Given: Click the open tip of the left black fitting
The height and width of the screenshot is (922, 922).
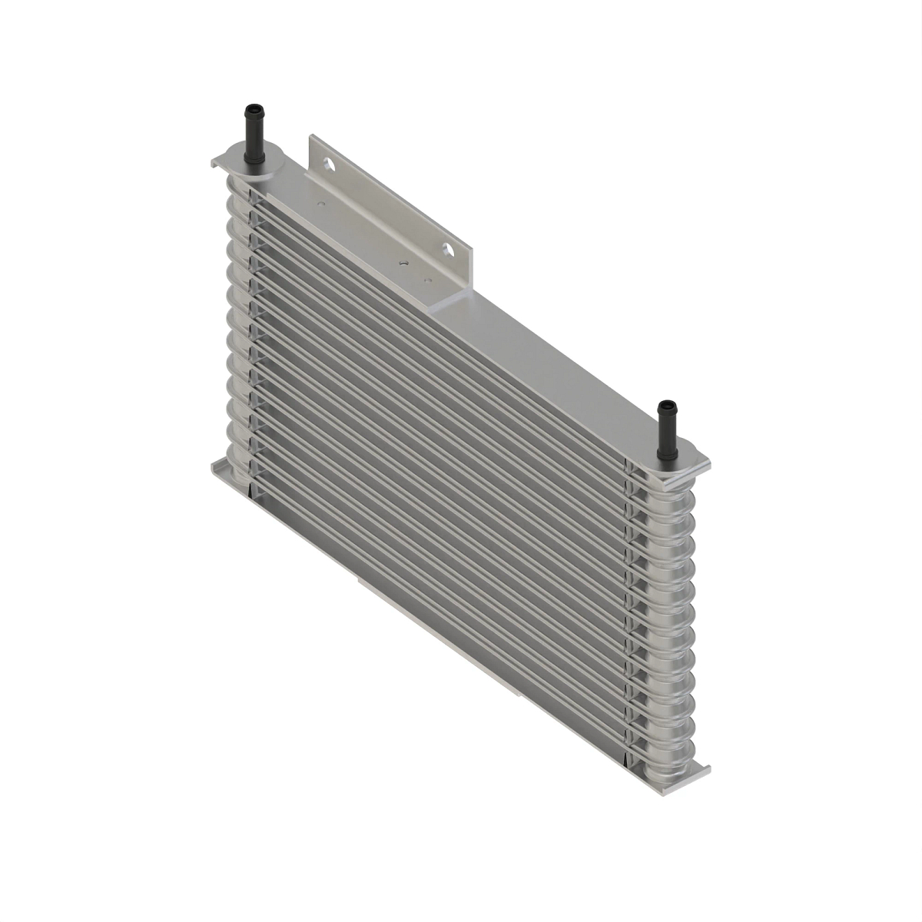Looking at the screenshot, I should (x=250, y=107).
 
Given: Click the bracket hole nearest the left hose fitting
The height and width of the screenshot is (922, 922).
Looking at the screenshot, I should (x=329, y=164).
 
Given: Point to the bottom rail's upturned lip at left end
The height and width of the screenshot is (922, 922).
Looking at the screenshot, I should (x=217, y=466).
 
